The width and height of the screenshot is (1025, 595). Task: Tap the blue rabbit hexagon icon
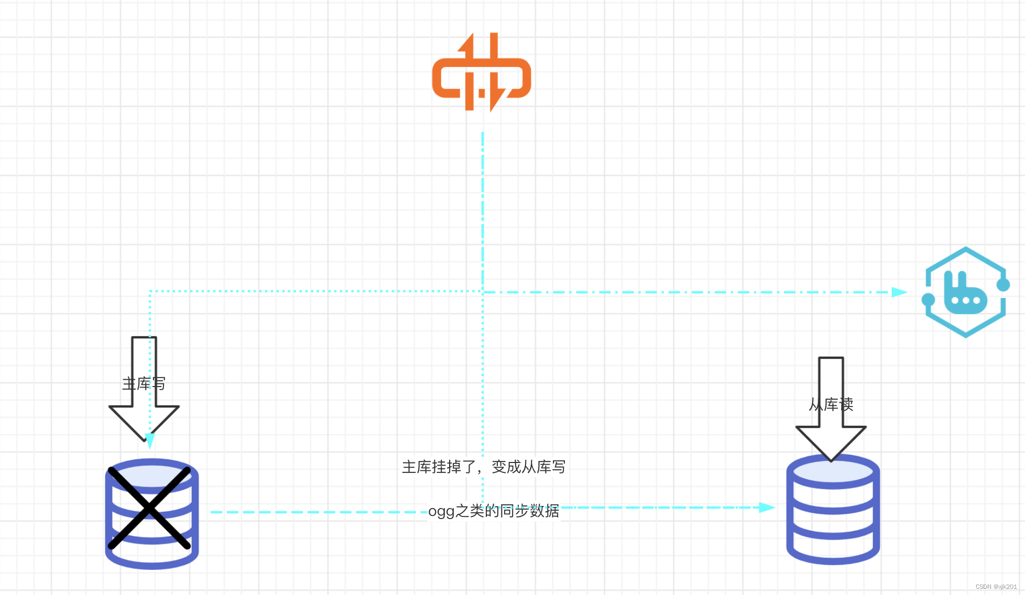click(x=965, y=292)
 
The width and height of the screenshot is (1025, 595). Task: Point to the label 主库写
click(x=144, y=384)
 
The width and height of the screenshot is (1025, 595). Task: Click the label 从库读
click(x=831, y=404)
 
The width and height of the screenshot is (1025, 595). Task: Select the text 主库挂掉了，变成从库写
click(x=483, y=467)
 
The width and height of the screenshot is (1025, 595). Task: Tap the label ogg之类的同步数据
click(x=494, y=511)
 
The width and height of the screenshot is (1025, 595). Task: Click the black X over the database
click(x=149, y=508)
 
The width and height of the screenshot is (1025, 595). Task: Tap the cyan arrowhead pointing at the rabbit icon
click(x=899, y=292)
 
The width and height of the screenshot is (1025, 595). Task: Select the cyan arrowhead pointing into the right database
click(x=767, y=508)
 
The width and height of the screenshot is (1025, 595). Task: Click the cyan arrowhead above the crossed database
click(x=150, y=440)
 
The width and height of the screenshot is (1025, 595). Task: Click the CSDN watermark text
click(x=996, y=587)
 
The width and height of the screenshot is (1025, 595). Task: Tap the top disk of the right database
click(x=833, y=471)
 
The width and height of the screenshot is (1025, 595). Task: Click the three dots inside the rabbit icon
click(x=965, y=301)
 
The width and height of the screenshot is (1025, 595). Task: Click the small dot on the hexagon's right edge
click(x=1003, y=285)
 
